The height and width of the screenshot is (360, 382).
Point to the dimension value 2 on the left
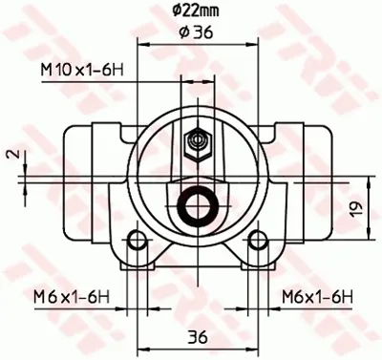click(x=10, y=153)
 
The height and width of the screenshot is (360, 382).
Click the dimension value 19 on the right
click(x=355, y=207)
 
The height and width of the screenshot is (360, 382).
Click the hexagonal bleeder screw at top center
click(x=197, y=142)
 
